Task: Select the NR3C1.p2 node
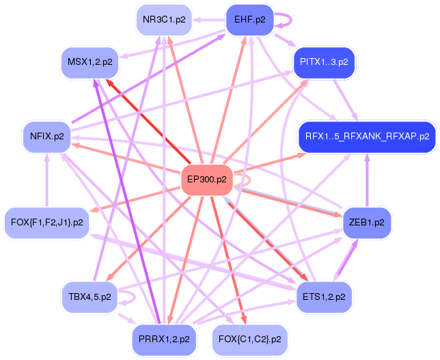164,20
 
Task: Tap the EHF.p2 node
249,19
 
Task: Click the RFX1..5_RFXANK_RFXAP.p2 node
367,136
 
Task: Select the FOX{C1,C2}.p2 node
250,339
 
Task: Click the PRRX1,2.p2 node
165,339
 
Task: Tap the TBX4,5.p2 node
90,296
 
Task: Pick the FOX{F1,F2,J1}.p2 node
47,223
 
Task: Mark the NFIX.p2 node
47,136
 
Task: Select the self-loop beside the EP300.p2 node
249,180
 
